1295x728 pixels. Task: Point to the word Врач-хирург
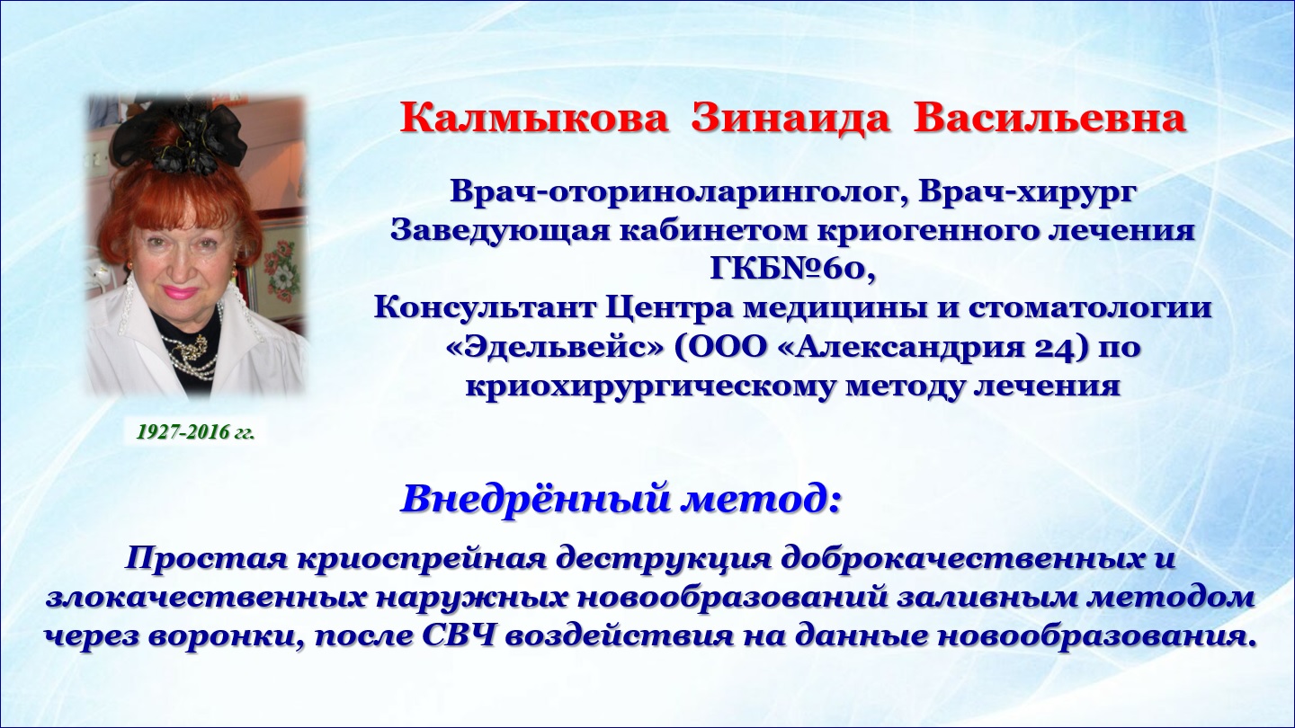coord(1025,193)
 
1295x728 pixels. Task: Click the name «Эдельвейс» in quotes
coord(556,348)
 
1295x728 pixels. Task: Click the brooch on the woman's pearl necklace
coord(191,346)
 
